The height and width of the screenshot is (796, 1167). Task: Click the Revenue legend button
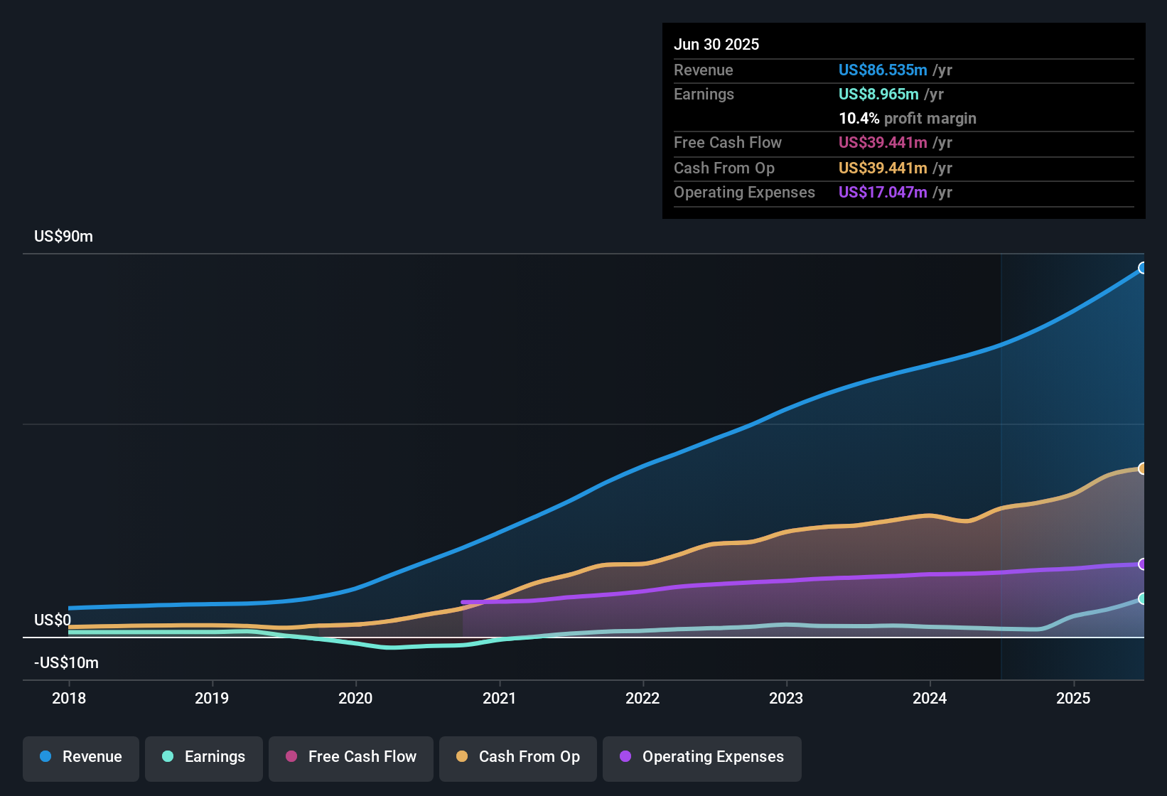click(81, 757)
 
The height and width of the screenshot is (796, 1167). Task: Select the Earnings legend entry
click(204, 757)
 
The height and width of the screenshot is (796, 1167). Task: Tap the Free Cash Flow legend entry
click(351, 757)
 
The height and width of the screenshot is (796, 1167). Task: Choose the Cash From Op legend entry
click(518, 757)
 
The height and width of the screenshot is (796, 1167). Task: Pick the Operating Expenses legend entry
click(702, 757)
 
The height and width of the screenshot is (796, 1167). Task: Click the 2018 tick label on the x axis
click(69, 698)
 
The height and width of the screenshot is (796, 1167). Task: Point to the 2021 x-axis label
click(499, 698)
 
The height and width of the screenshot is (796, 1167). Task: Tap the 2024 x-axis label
click(930, 698)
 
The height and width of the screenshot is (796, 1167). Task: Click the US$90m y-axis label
click(63, 237)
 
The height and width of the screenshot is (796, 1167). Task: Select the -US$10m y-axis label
click(66, 663)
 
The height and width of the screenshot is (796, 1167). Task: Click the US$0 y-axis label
click(53, 620)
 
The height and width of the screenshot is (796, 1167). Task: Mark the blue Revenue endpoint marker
click(1142, 268)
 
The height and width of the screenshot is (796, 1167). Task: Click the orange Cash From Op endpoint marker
click(1142, 468)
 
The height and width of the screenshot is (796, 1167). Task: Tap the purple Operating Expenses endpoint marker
click(1142, 564)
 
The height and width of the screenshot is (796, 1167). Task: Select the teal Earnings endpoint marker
click(1142, 598)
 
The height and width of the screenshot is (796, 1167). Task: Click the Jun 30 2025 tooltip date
click(716, 44)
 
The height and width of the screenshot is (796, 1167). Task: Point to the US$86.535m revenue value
click(883, 70)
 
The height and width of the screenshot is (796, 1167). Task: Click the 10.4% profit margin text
click(907, 119)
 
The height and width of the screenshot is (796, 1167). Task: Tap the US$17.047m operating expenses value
click(883, 192)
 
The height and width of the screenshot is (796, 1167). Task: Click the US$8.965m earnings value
click(878, 94)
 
